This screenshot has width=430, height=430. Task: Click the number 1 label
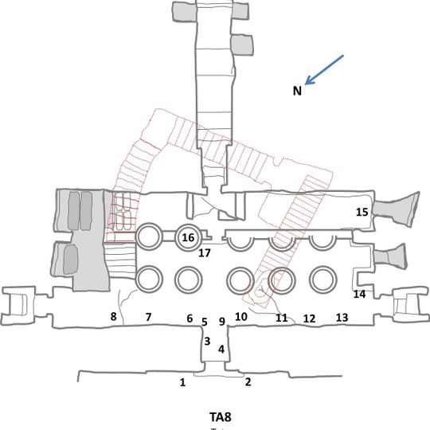[x=182, y=383]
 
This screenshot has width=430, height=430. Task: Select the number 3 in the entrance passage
[x=207, y=342]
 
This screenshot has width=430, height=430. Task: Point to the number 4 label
[x=221, y=350]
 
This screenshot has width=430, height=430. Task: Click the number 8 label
[x=114, y=318]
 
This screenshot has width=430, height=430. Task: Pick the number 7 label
[x=148, y=318]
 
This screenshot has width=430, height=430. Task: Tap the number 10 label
[x=241, y=318]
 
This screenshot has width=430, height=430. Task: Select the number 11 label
[x=281, y=319]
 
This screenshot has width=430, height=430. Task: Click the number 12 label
[x=310, y=319]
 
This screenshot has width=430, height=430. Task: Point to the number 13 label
[x=342, y=318]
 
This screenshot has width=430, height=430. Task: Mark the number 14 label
[x=359, y=295]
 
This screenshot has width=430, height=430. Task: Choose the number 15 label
[x=362, y=212]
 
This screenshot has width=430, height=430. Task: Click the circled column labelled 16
[x=188, y=237]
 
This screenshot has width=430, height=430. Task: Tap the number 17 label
[x=205, y=254]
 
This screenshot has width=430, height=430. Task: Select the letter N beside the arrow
[x=296, y=91]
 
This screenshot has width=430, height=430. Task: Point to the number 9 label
[x=222, y=322]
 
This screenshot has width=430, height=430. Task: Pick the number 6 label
[x=190, y=319]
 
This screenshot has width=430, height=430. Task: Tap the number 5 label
[x=205, y=322]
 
